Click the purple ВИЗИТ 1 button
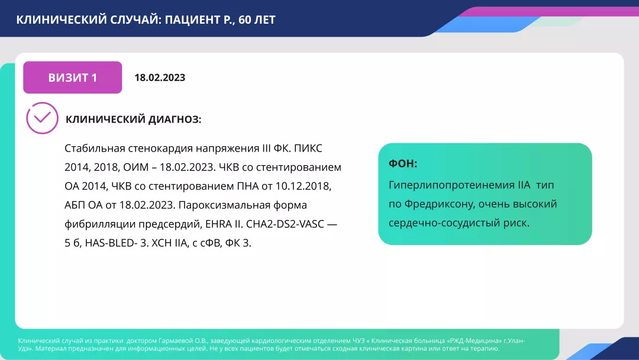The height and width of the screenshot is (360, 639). point(72,78)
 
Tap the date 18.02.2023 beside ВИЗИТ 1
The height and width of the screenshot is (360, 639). point(160,78)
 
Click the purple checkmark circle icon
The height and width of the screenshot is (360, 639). point(42,118)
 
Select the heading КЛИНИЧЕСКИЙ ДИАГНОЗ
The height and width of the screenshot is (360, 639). point(133,120)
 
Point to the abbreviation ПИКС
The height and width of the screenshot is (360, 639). point(309,149)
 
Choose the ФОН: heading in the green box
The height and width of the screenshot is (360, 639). point(403,164)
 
